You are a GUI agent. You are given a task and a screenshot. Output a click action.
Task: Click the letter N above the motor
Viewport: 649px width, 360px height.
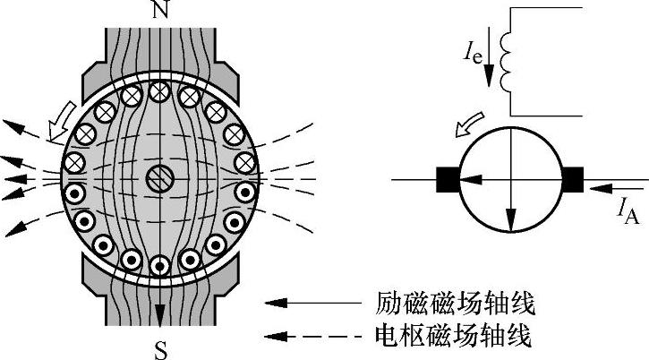click(x=160, y=11)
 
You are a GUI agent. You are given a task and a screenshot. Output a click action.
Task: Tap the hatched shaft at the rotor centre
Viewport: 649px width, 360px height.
click(x=158, y=178)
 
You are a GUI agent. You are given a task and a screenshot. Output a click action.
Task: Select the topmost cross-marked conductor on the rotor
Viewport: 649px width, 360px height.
click(x=159, y=90)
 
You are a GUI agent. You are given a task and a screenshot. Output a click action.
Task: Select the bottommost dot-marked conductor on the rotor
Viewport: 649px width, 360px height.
click(x=159, y=265)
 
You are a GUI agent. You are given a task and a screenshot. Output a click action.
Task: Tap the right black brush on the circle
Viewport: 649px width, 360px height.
click(x=572, y=180)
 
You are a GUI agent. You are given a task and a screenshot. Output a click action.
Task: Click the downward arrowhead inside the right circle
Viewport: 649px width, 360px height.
click(x=510, y=220)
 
